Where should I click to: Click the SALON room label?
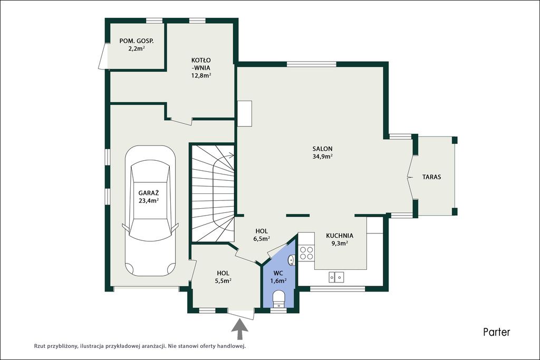(x=322, y=149)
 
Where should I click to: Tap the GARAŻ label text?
(x=148, y=193)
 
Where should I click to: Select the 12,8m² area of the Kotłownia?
(x=201, y=75)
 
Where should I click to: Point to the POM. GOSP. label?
(x=137, y=41)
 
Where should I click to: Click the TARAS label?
(x=431, y=177)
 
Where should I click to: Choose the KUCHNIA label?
(x=340, y=236)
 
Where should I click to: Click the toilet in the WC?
(x=278, y=298)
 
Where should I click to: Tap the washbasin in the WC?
(x=292, y=260)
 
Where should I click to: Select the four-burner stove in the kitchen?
(x=306, y=252)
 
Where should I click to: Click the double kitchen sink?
(x=336, y=277)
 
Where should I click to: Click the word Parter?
(x=496, y=332)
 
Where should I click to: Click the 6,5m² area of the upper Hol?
(x=262, y=239)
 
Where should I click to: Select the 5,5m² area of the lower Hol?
(x=223, y=281)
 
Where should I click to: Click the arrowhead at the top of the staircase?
(x=232, y=155)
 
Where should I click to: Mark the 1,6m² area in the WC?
(x=278, y=281)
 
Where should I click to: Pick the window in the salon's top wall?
(x=311, y=64)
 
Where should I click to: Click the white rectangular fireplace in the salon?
(x=245, y=113)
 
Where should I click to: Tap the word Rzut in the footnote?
(x=40, y=346)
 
